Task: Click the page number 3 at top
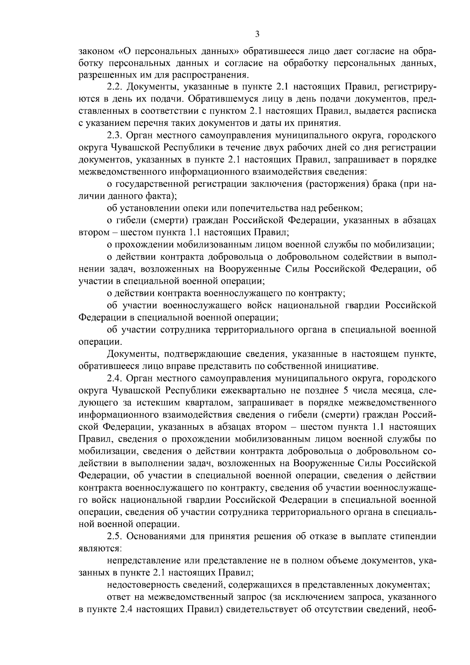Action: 257,34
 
